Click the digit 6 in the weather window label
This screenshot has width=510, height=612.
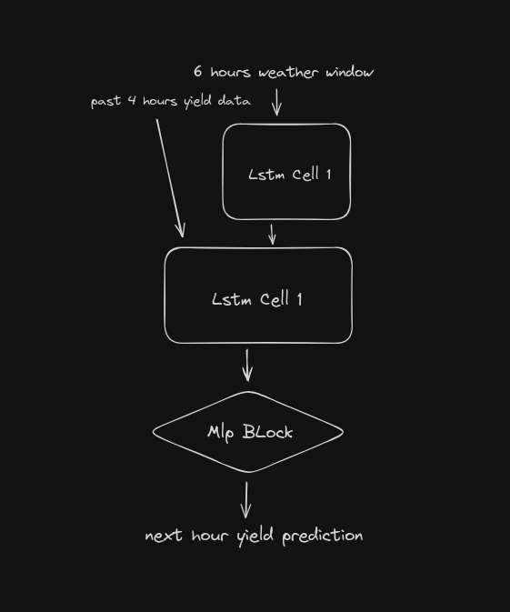198,71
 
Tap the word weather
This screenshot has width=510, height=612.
288,72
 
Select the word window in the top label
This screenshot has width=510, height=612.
350,72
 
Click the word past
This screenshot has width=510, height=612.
105,102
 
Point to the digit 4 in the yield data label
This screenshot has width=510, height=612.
133,100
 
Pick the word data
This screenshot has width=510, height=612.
234,100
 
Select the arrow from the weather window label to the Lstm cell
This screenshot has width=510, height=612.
276,102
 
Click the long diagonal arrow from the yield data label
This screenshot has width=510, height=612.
170,178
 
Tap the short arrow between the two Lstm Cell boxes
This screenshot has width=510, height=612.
272,235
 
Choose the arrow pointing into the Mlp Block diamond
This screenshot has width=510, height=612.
247,365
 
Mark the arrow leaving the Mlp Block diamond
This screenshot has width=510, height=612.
246,500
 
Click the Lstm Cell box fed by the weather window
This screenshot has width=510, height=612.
286,172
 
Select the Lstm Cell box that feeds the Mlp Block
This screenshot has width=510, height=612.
258,296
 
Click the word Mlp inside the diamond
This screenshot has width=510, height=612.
221,433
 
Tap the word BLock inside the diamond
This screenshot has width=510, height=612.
267,432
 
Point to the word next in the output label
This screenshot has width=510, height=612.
164,535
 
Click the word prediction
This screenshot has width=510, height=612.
323,536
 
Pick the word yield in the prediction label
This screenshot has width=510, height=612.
255,537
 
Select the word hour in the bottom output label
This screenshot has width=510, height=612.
209,535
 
